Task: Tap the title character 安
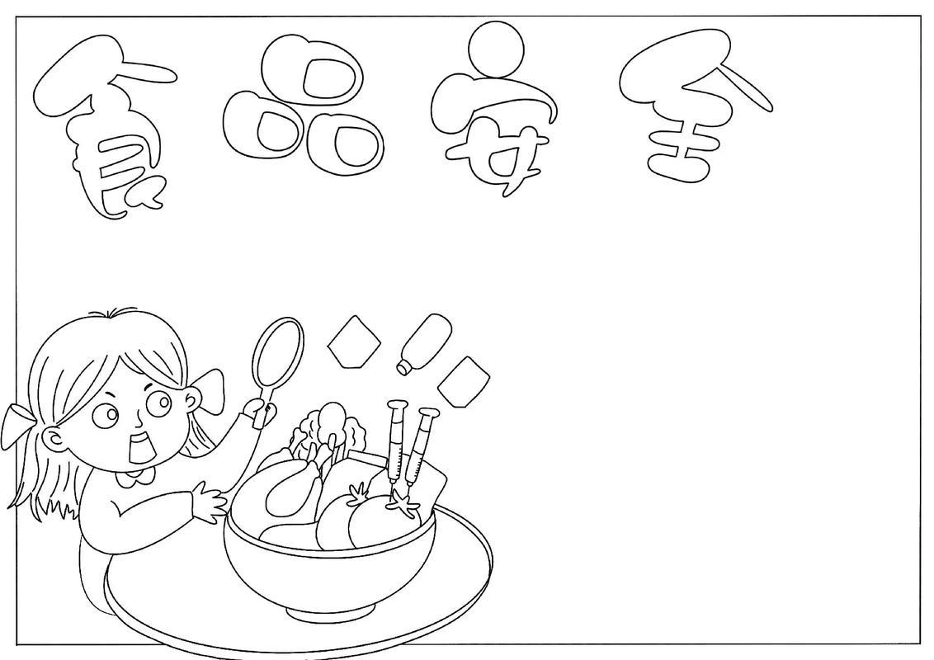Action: click(x=494, y=113)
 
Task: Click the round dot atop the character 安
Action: click(x=496, y=49)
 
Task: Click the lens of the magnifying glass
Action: click(x=277, y=351)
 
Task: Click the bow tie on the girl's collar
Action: click(x=138, y=477)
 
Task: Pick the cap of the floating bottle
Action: click(x=403, y=367)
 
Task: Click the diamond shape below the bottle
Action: click(x=464, y=381)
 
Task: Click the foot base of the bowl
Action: click(x=331, y=610)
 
